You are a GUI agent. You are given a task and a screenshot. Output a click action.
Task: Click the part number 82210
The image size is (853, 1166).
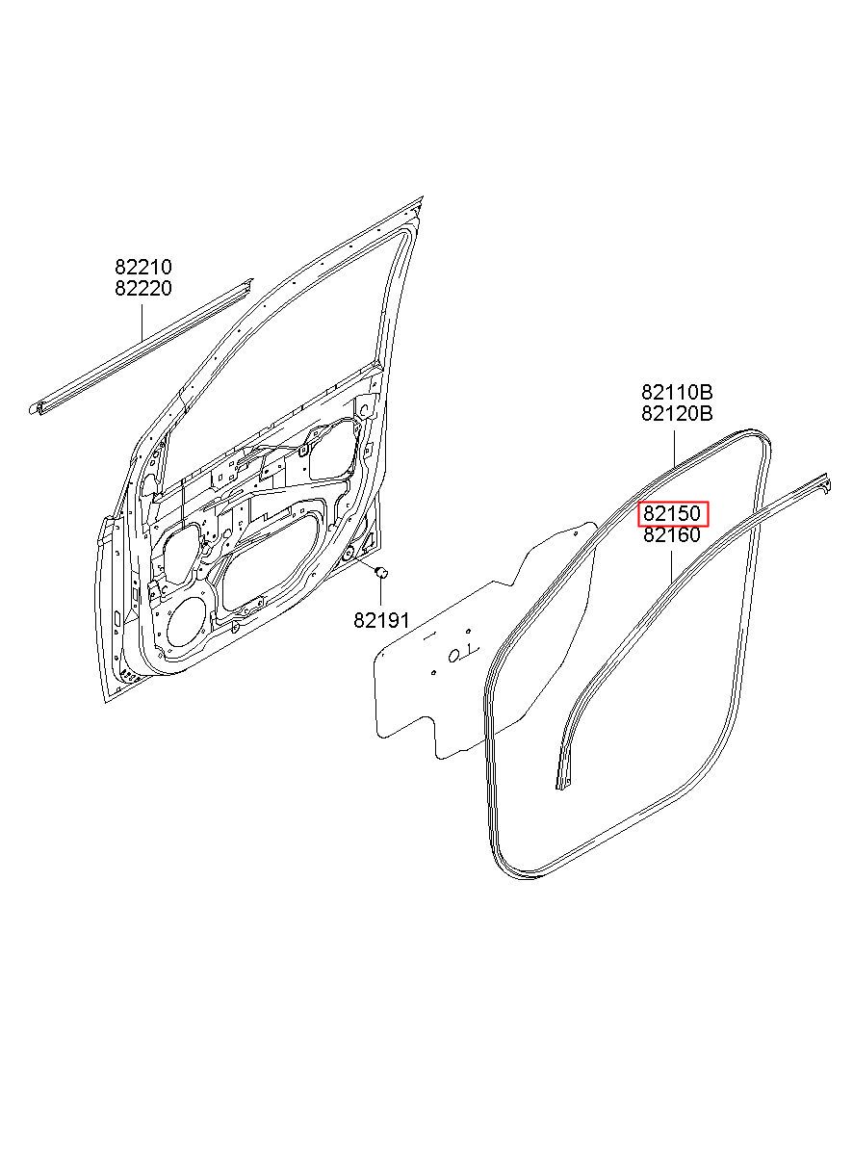143,268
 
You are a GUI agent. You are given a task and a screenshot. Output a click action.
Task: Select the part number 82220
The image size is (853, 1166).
143,288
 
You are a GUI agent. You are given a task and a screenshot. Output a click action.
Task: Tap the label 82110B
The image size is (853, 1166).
677,393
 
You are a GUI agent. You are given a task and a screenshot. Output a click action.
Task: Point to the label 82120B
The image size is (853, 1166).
677,414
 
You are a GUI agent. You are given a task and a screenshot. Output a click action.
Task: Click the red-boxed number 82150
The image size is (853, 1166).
673,514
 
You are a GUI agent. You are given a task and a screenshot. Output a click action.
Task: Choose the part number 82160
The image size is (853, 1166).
673,535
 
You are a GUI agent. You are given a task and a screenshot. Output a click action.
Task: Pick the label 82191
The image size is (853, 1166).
381,621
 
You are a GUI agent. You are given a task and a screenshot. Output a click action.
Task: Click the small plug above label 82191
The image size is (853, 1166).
380,573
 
